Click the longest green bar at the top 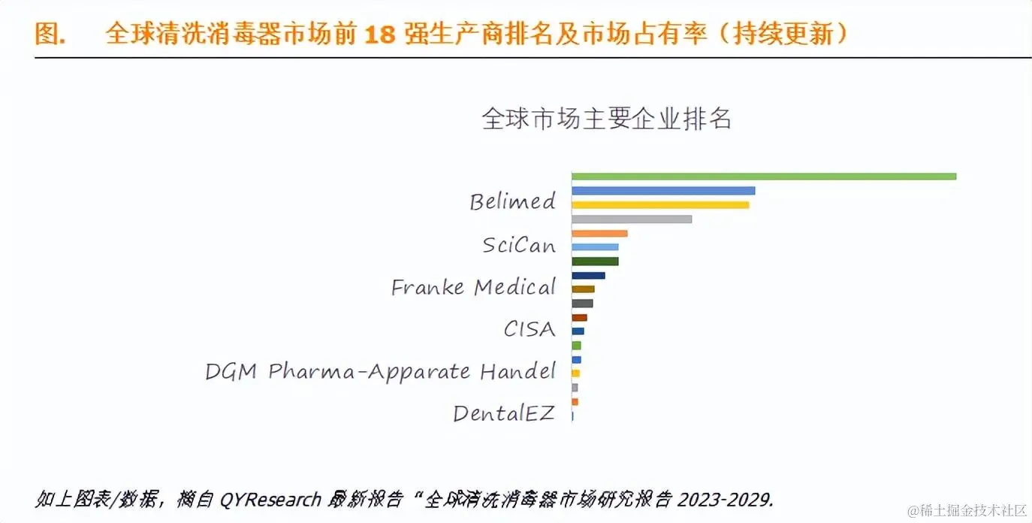pyautogui.click(x=763, y=177)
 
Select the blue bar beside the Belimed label pyautogui.click(x=662, y=191)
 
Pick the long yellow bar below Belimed pyautogui.click(x=660, y=204)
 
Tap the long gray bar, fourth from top pyautogui.click(x=631, y=219)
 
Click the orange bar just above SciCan pyautogui.click(x=599, y=233)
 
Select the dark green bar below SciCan pyautogui.click(x=594, y=261)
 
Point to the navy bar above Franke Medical pyautogui.click(x=587, y=276)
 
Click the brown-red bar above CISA pyautogui.click(x=579, y=318)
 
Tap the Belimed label pyautogui.click(x=512, y=201)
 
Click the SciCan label pyautogui.click(x=518, y=245)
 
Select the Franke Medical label pyautogui.click(x=473, y=287)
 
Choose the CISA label pyautogui.click(x=530, y=329)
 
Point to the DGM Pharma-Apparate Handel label pyautogui.click(x=380, y=371)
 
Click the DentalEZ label pyautogui.click(x=503, y=413)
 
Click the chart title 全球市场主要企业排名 pyautogui.click(x=606, y=119)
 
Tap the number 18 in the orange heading pyautogui.click(x=379, y=34)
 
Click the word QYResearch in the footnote pyautogui.click(x=270, y=499)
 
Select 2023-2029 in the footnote pyautogui.click(x=726, y=499)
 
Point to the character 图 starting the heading pyautogui.click(x=47, y=34)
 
